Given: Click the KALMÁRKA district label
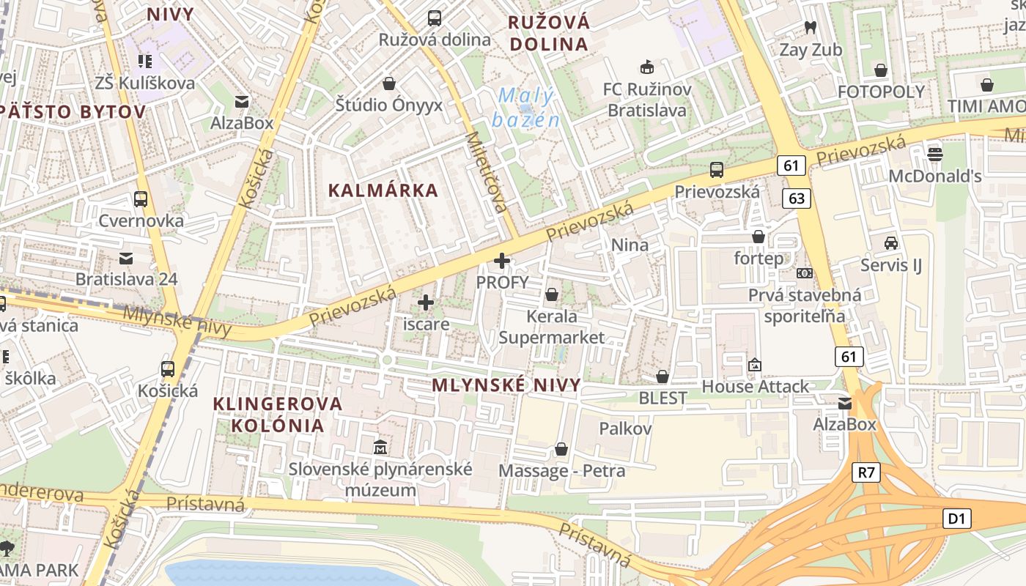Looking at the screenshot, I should tap(383, 190).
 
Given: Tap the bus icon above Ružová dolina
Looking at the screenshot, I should tap(435, 18).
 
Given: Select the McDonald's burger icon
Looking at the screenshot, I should tap(934, 154).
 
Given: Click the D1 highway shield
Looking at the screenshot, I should tap(956, 519).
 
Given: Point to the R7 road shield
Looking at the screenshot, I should tap(866, 472).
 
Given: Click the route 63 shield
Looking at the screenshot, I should tap(797, 198).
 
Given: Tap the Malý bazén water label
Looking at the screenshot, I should tap(526, 107).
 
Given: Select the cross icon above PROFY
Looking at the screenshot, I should tap(502, 261).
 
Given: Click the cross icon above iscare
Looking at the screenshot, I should tap(426, 302).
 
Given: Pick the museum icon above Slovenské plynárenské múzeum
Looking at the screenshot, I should tap(380, 447).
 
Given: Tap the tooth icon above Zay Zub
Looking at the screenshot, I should tap(811, 28).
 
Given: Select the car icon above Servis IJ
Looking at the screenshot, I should tap(891, 243).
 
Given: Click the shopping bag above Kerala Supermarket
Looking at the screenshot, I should tap(551, 294).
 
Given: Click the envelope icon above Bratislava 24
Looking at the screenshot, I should tap(126, 258).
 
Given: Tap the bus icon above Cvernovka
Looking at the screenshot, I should tap(141, 199).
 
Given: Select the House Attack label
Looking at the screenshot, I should tap(755, 386).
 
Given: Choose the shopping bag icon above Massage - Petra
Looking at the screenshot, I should tap(561, 448).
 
